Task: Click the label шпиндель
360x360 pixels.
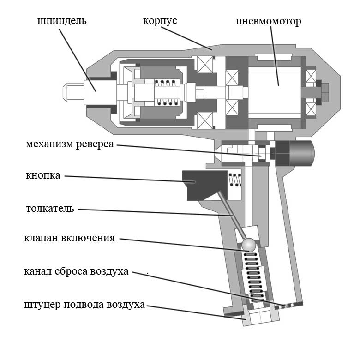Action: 62,22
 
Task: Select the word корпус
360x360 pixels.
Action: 160,22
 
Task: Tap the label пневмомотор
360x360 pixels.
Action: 268,22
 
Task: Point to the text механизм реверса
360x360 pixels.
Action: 69,144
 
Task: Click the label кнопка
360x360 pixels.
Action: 43,176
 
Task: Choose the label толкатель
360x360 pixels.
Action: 50,209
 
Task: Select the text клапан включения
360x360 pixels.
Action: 69,239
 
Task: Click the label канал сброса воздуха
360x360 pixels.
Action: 76,271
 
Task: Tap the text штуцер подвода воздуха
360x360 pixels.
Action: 84,305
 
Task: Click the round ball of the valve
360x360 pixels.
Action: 249,245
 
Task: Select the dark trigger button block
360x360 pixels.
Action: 203,184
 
